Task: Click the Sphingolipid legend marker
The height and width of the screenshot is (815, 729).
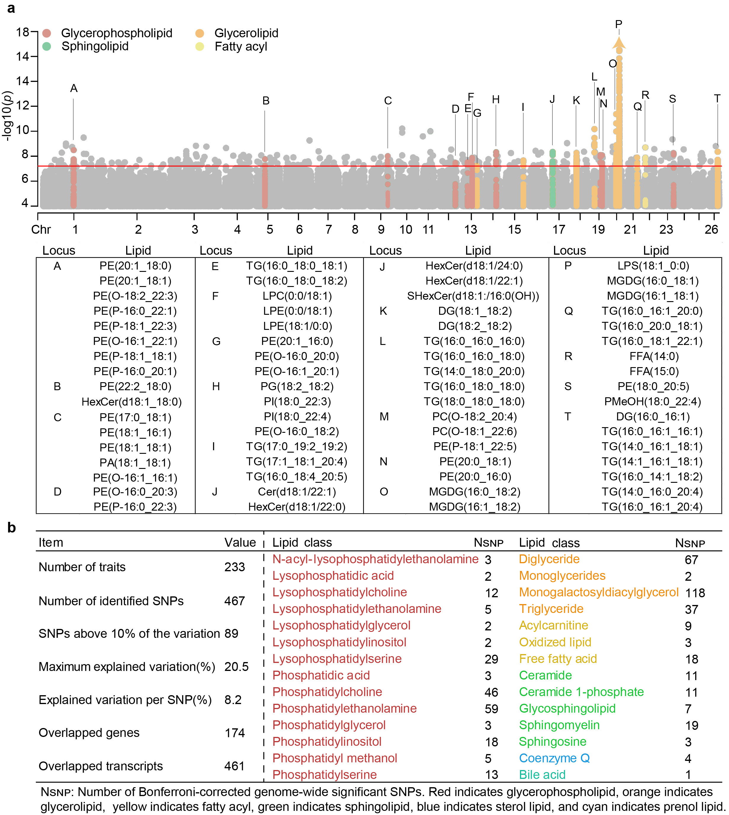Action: tap(46, 46)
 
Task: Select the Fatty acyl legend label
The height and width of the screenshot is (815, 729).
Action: tap(241, 47)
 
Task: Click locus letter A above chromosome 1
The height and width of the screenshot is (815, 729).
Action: tap(74, 88)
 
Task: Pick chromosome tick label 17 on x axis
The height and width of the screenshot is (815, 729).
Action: tap(558, 230)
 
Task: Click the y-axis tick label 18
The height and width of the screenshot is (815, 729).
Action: tap(23, 32)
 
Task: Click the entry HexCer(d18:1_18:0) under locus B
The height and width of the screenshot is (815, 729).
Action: tap(131, 402)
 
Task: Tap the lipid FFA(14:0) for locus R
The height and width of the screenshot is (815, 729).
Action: tap(654, 356)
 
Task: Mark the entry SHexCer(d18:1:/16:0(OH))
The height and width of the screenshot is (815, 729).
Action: tap(473, 296)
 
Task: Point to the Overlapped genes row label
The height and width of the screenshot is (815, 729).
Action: tap(89, 732)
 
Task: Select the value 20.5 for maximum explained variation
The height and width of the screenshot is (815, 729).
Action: tap(236, 666)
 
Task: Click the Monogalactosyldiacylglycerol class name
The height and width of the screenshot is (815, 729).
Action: tap(598, 592)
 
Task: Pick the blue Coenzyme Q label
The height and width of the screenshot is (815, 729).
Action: tap(554, 758)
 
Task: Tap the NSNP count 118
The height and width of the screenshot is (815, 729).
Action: tap(695, 593)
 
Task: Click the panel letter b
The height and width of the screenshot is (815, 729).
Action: tap(12, 528)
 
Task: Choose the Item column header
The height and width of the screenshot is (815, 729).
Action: tap(51, 543)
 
